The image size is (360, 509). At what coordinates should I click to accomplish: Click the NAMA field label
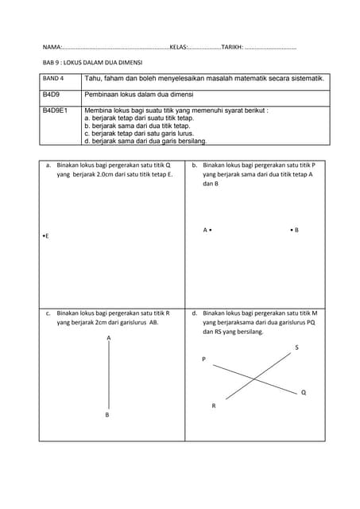[x=52, y=48]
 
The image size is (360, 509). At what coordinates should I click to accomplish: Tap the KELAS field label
[x=178, y=48]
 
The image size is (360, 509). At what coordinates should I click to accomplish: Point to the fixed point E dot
[x=42, y=237]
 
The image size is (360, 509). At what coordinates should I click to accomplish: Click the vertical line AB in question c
[x=108, y=375]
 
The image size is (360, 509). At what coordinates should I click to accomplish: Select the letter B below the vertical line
[x=107, y=414]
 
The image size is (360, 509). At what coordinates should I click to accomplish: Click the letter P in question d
[x=203, y=359]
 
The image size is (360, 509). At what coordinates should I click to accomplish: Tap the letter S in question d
[x=296, y=348]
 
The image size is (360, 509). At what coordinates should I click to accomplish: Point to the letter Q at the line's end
[x=304, y=393]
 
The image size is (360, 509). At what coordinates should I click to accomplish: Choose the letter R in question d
[x=213, y=406]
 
